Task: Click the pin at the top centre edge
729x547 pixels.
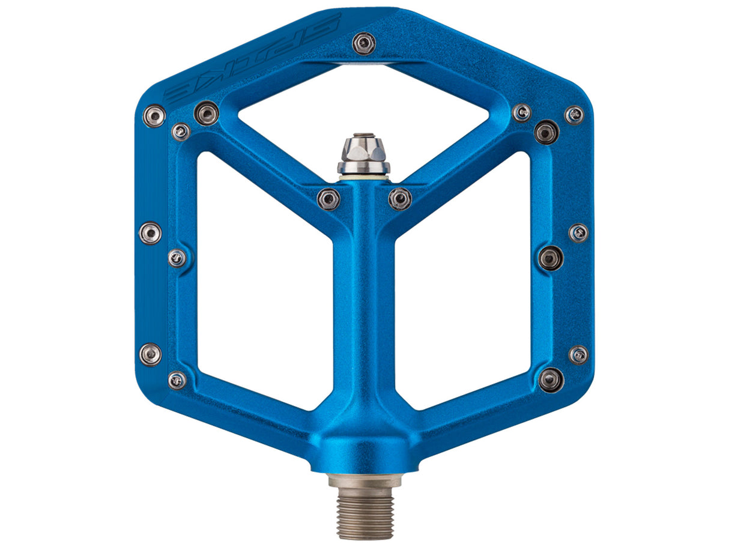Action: [364, 43]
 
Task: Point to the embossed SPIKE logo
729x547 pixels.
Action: [252, 58]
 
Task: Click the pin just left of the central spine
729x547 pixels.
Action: [328, 199]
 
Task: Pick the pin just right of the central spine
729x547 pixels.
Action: [400, 199]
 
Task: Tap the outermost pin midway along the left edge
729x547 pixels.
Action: [150, 233]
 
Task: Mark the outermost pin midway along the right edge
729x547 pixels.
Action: [578, 233]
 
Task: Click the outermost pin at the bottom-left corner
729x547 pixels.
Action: [150, 354]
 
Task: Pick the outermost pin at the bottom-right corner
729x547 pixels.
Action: [578, 355]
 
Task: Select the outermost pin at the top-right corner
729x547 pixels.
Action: [574, 115]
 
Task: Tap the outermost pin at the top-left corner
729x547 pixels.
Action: [154, 115]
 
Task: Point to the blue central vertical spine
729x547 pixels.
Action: [364, 300]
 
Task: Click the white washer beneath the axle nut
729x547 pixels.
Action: [363, 178]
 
